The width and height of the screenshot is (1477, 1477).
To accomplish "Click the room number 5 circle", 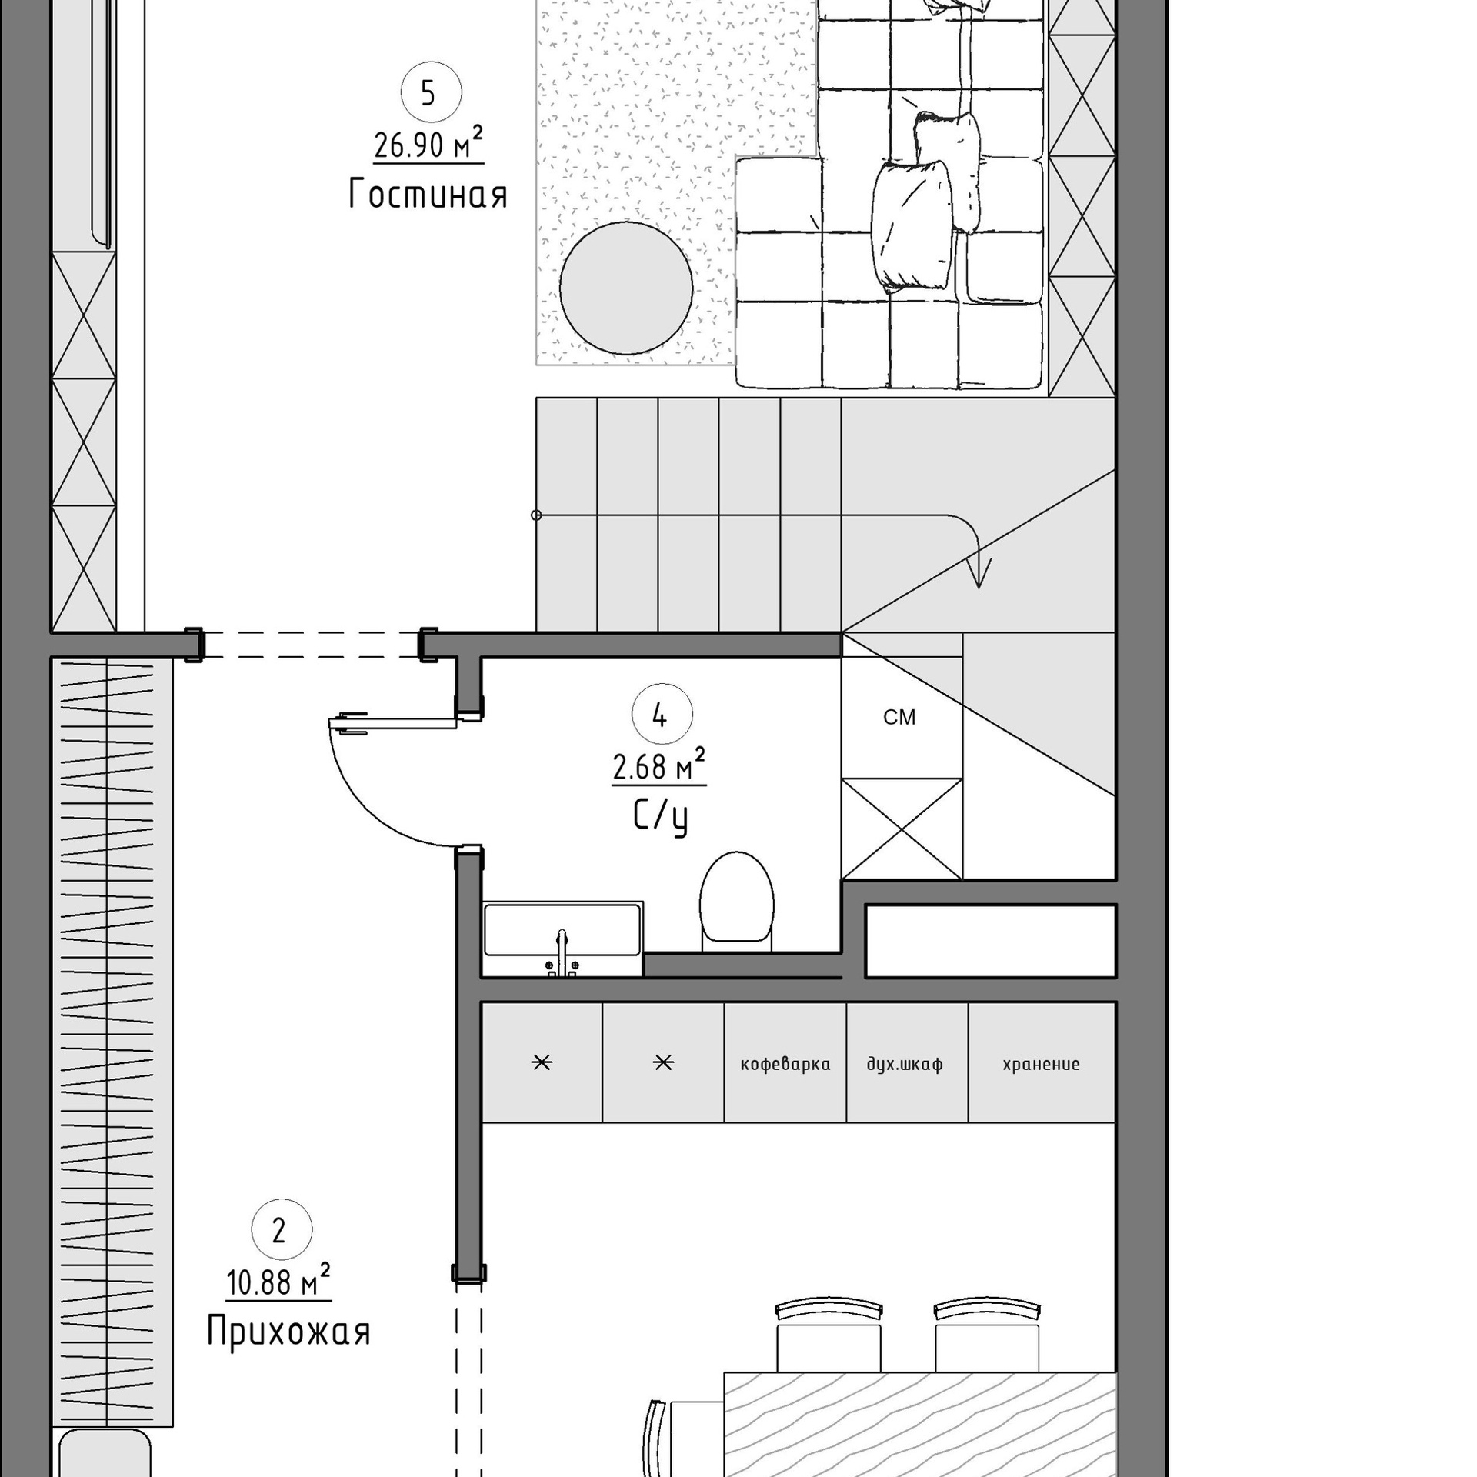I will tap(431, 93).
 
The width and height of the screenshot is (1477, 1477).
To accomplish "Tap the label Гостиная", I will tap(428, 194).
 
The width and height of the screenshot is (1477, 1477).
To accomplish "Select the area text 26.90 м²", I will tap(428, 144).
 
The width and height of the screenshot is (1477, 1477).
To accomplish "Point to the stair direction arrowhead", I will tap(979, 574).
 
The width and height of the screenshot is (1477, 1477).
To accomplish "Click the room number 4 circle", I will tap(662, 715).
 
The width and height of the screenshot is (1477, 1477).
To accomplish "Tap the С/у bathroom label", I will tap(660, 818).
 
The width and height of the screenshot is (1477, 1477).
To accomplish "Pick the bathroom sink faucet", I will tap(562, 951).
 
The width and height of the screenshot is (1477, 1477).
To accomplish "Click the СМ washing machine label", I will tap(899, 718).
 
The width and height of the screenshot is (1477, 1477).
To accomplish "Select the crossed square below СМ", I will tap(902, 829).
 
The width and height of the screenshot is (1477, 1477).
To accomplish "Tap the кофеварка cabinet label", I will tap(785, 1065).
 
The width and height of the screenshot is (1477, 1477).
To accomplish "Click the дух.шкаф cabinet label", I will tap(905, 1065).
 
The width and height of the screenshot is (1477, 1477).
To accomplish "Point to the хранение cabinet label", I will tap(1041, 1065).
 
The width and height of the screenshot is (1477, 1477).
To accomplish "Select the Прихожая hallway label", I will tap(288, 1332).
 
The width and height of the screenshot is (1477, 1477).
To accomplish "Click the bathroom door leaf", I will tap(392, 722).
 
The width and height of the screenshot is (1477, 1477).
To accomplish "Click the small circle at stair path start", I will tap(536, 515).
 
